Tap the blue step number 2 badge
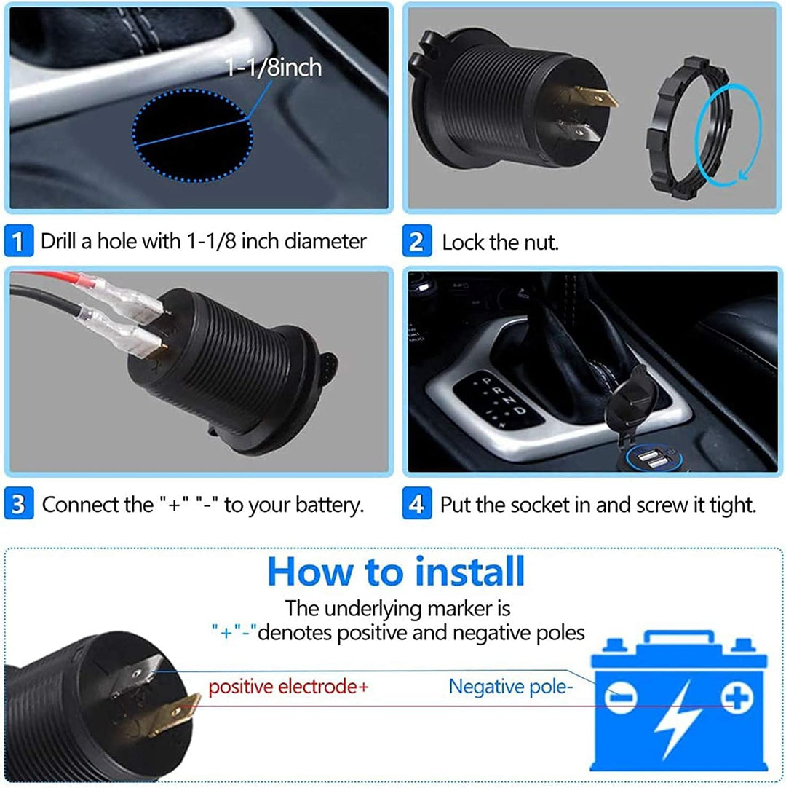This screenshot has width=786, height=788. point(416,242)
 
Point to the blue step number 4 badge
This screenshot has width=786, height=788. point(416,504)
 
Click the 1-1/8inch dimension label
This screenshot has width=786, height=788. point(273,68)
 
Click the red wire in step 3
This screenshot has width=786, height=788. point(51,279)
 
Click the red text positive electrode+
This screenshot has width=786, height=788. point(288,686)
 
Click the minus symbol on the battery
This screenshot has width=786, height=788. point(621,700)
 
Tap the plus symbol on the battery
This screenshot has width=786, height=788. point(737,700)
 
